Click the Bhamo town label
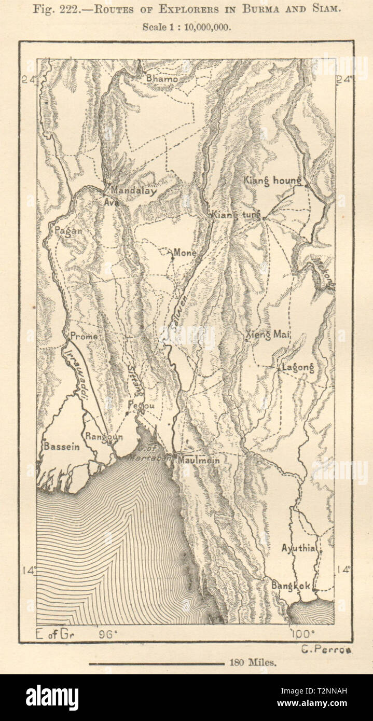coord(162,79)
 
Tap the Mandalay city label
coord(133,191)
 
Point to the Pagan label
coord(66,232)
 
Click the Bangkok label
coord(291,586)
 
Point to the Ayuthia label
coord(298,548)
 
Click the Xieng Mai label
coord(268,335)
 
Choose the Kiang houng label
coord(272,181)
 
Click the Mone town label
coord(185,253)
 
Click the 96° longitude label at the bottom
coord(106,634)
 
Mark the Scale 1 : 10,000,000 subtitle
coord(186,26)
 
